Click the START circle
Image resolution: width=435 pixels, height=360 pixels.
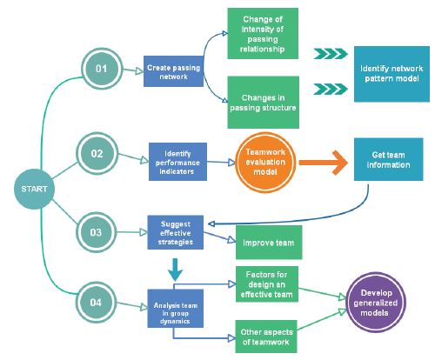pyautogui.click(x=34, y=189)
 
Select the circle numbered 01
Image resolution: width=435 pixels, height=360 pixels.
pyautogui.click(x=102, y=69)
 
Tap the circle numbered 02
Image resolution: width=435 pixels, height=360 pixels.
pyautogui.click(x=97, y=154)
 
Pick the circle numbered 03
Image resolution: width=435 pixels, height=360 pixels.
pyautogui.click(x=96, y=232)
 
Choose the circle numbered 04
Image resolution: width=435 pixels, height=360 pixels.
pyautogui.click(x=96, y=303)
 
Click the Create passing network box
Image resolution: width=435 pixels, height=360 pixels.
pyautogui.click(x=173, y=71)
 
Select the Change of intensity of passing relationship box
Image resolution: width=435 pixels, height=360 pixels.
pyautogui.click(x=263, y=34)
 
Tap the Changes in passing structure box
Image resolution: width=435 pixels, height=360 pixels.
pyautogui.click(x=264, y=103)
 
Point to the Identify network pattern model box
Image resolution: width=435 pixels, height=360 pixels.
pyautogui.click(x=391, y=74)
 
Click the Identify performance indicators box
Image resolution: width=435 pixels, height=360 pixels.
pyautogui.click(x=177, y=162)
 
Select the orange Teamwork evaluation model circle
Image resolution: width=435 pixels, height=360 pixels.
pyautogui.click(x=265, y=162)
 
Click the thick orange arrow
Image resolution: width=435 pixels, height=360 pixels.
pyautogui.click(x=324, y=163)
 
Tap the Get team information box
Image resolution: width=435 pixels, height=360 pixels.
pyautogui.click(x=389, y=159)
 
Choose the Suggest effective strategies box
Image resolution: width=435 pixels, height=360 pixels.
pyautogui.click(x=176, y=232)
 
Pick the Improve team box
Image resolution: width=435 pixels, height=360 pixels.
pyautogui.click(x=269, y=243)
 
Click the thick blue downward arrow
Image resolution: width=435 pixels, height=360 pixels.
pyautogui.click(x=175, y=270)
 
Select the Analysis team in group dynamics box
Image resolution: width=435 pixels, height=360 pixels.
pyautogui.click(x=176, y=309)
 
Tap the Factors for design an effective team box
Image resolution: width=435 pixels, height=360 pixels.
pyautogui.click(x=267, y=284)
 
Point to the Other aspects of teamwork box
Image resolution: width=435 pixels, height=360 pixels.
pyautogui.click(x=266, y=337)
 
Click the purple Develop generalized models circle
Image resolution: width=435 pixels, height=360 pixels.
pyautogui.click(x=376, y=303)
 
